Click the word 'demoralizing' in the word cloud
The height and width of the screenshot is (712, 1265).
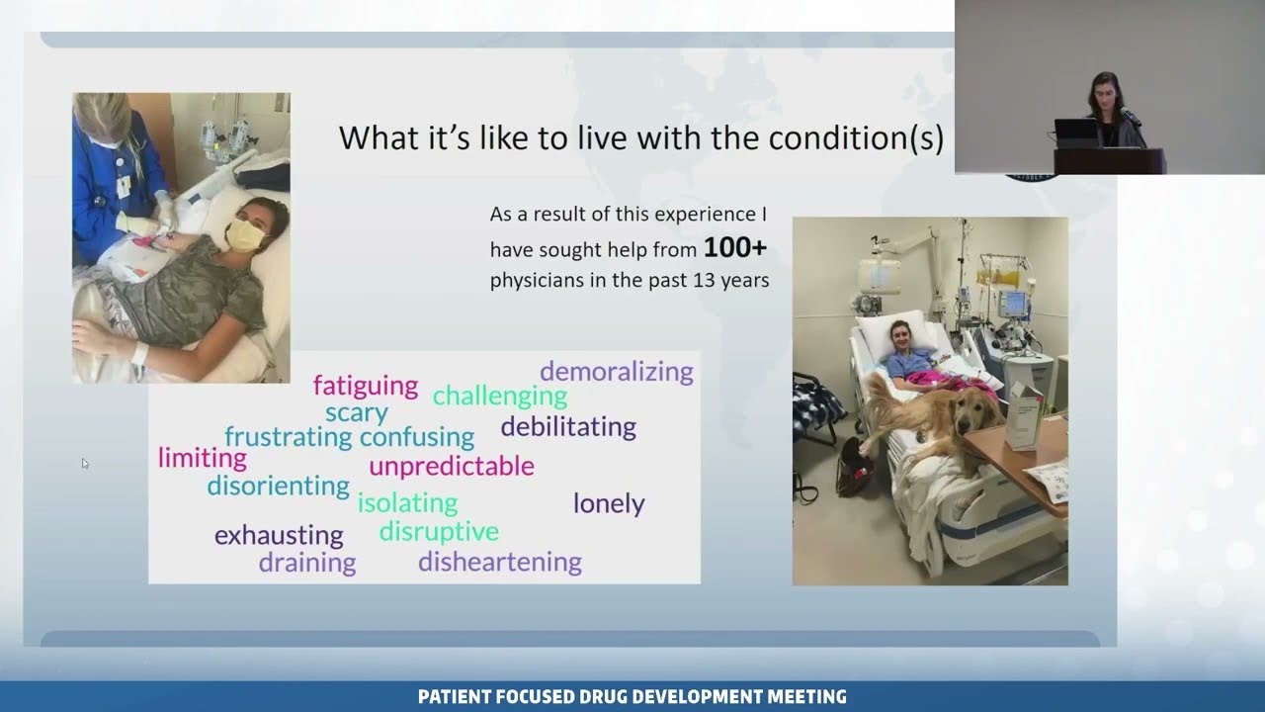617,372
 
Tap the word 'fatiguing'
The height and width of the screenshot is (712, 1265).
366,386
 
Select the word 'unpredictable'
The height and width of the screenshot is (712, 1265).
452,466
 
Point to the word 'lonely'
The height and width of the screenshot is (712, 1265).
609,503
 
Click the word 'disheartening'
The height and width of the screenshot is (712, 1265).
499,562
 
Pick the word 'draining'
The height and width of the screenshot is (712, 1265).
307,563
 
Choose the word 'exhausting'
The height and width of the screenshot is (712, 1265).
279,536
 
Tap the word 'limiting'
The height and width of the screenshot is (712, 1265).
203,458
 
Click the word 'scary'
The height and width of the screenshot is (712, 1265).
356,412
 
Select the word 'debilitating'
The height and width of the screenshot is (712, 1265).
568,427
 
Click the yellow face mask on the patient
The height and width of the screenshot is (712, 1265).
244,234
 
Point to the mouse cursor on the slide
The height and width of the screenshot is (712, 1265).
85,463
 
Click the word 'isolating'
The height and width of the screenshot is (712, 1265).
407,502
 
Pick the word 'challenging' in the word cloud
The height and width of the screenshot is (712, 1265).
500,397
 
